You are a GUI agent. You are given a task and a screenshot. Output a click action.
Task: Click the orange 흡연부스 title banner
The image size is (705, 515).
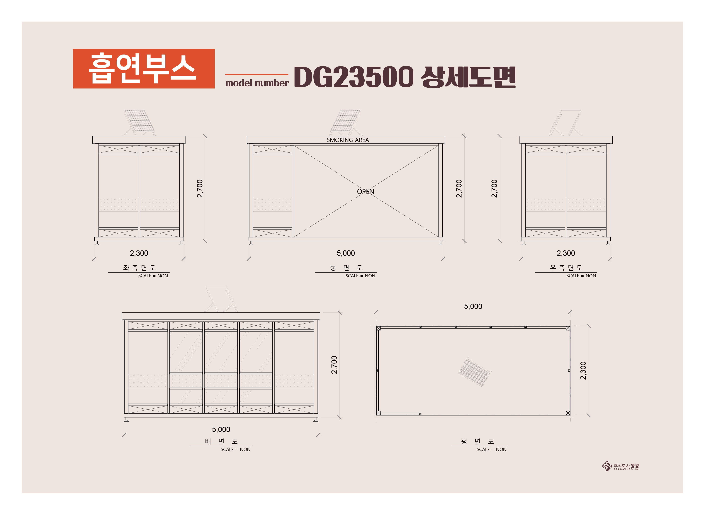click(x=144, y=69)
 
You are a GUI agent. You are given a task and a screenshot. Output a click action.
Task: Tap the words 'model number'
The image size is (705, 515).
click(x=257, y=83)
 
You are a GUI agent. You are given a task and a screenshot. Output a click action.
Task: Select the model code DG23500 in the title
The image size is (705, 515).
click(x=354, y=77)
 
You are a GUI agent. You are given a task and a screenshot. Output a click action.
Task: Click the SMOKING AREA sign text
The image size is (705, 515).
click(x=348, y=140)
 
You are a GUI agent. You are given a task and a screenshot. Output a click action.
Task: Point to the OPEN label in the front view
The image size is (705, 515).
click(x=365, y=191)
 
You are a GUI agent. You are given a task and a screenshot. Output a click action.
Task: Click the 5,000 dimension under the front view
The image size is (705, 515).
click(x=346, y=253)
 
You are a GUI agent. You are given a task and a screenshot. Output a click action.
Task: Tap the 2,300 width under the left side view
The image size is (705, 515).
click(x=139, y=253)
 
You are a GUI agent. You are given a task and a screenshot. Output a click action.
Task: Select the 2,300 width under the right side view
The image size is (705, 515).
click(x=566, y=253)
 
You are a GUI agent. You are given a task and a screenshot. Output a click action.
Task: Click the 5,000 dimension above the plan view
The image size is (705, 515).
click(x=473, y=306)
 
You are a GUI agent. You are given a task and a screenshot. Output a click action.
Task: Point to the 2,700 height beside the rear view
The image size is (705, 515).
click(x=334, y=365)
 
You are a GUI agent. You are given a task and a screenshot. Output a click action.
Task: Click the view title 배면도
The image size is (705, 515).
click(x=221, y=441)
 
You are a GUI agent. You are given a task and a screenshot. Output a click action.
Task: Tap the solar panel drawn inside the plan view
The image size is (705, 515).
click(x=475, y=372)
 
